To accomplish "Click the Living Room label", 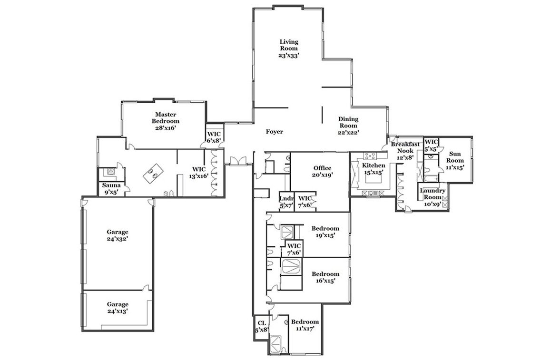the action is click(x=289, y=49).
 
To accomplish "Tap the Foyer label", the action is click(x=275, y=131).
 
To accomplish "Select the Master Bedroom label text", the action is click(x=167, y=121).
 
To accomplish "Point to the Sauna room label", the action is click(x=111, y=189).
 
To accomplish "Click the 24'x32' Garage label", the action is click(x=118, y=235).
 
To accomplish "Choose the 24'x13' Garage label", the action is click(x=118, y=308).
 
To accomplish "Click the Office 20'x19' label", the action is click(x=322, y=171).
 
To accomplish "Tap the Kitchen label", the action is click(x=374, y=169).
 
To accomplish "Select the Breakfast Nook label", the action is click(x=405, y=151).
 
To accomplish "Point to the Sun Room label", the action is click(x=455, y=160).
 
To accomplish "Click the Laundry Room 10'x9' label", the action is click(x=433, y=197).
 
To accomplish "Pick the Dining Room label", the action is click(x=348, y=126).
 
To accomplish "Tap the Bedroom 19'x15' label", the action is click(x=325, y=232).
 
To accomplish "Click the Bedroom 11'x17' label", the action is click(x=305, y=325).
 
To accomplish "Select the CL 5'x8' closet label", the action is click(x=262, y=326).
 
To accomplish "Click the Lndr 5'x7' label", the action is click(x=286, y=202).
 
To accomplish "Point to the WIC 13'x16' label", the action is click(x=199, y=173).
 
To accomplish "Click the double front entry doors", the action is click(x=238, y=161).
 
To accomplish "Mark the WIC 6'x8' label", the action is click(x=214, y=137).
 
